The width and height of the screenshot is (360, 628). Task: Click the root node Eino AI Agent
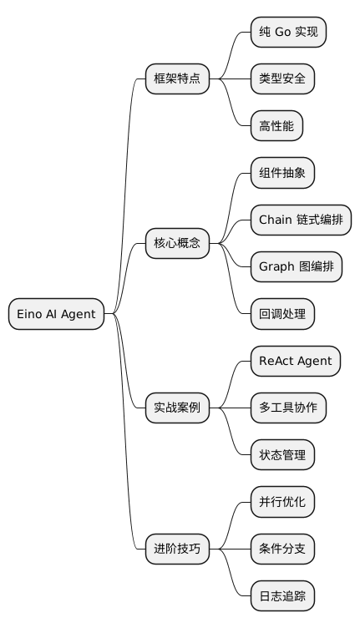point(56,314)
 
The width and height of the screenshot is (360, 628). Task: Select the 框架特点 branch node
point(177,79)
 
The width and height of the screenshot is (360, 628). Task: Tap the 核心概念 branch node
point(177,244)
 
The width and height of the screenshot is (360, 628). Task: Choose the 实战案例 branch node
point(177,408)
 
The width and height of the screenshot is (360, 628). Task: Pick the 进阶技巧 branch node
point(177,549)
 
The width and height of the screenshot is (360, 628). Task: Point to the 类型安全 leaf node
point(283,79)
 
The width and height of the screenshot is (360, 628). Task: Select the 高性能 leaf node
point(277,126)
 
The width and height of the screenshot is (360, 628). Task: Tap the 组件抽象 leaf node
point(283,174)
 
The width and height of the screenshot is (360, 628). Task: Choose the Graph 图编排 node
point(297,267)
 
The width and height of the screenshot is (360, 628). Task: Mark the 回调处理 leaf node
point(283,314)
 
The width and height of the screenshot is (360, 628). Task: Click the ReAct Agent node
point(296,361)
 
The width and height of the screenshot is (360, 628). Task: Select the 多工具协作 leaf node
point(288,408)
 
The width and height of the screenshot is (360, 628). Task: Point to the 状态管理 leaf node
point(283,455)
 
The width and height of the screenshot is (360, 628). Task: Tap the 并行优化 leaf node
point(283,502)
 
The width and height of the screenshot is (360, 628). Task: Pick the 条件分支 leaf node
point(283,549)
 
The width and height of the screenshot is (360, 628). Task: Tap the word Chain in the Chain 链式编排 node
point(276,220)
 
